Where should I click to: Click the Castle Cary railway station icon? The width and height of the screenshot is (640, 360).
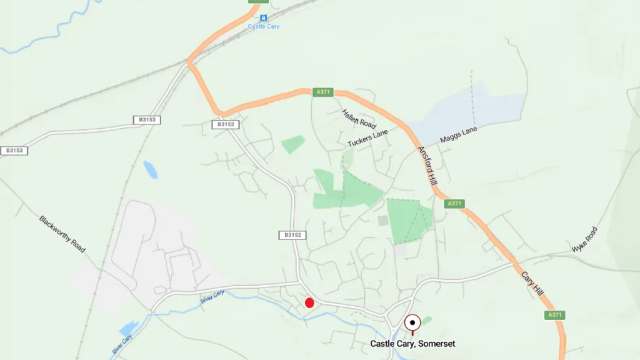[263, 17]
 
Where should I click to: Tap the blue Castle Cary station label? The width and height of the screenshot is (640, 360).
[263, 27]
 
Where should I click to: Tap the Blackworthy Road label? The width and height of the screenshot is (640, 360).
[62, 234]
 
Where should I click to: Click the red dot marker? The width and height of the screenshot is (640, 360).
[309, 303]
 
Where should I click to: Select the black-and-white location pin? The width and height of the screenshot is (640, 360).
[412, 323]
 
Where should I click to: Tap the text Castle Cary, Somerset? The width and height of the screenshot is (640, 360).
[412, 344]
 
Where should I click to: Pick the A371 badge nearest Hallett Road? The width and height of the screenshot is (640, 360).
[322, 92]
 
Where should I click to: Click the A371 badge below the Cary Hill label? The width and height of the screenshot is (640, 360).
[555, 315]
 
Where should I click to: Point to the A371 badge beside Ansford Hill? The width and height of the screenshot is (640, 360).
[454, 204]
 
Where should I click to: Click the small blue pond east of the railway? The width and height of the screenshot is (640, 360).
[150, 169]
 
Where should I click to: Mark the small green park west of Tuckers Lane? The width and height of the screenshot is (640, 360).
[293, 144]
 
